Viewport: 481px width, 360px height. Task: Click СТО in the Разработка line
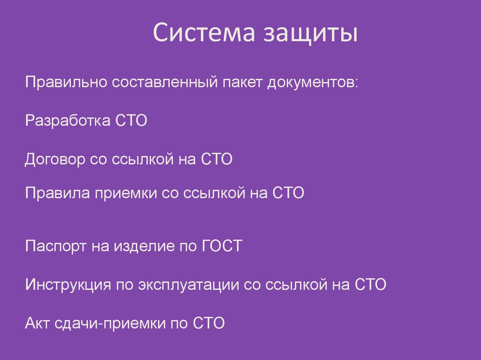click(x=130, y=121)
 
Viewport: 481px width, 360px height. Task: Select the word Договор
click(x=54, y=160)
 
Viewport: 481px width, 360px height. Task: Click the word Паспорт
click(x=53, y=246)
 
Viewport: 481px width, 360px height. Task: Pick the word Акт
click(x=36, y=323)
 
